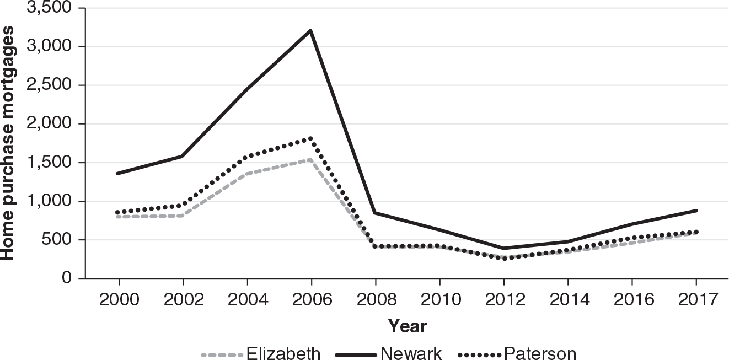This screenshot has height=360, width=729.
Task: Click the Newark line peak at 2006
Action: (x=311, y=30)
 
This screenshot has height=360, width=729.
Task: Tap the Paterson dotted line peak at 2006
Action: (x=311, y=138)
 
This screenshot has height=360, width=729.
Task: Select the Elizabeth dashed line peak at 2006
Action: (x=311, y=159)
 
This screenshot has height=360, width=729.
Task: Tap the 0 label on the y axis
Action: (x=66, y=278)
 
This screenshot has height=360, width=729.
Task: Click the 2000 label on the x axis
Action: (x=119, y=300)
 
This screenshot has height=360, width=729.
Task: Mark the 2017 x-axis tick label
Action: (x=696, y=300)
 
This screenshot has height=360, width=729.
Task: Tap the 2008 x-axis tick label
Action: (x=376, y=300)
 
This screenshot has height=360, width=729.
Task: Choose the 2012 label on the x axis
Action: (x=503, y=300)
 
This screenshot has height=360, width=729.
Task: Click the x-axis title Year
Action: (x=407, y=326)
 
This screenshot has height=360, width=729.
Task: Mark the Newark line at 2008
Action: (x=376, y=213)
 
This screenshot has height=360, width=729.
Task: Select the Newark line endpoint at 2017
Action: (x=696, y=211)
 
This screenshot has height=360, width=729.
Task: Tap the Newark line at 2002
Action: (x=183, y=156)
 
